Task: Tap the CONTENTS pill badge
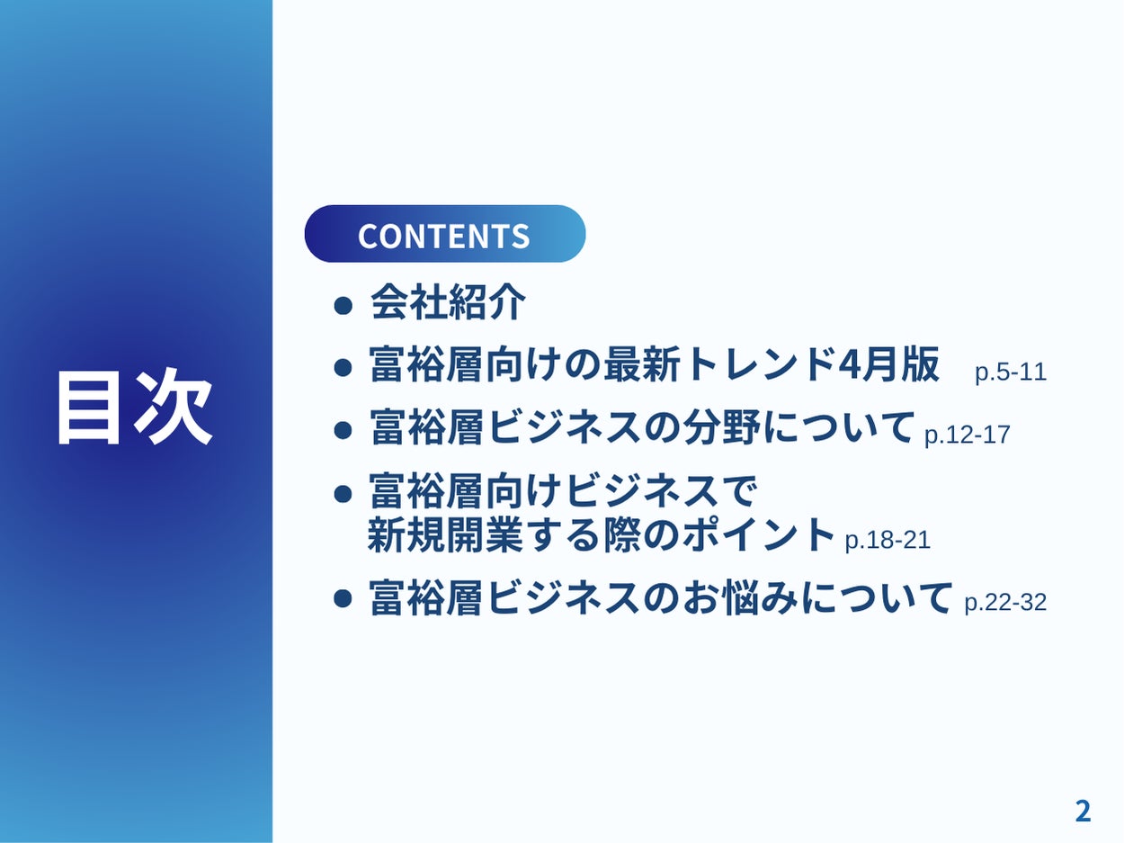coord(445,234)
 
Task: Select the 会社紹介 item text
coord(448,302)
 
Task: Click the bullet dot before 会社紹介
coord(343,306)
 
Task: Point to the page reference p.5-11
coord(1011,372)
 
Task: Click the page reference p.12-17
coord(967,435)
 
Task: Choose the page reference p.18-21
coord(888,541)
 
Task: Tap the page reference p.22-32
coord(1005,603)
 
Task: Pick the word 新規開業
coord(445,535)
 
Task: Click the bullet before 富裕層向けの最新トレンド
coord(343,368)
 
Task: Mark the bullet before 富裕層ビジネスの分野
coord(343,430)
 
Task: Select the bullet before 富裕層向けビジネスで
coord(343,494)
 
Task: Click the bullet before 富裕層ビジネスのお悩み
coord(343,597)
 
